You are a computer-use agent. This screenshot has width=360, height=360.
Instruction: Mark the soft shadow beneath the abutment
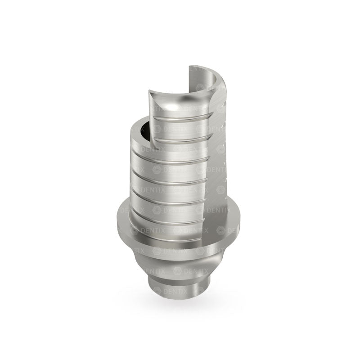pyautogui.click(x=180, y=306)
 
